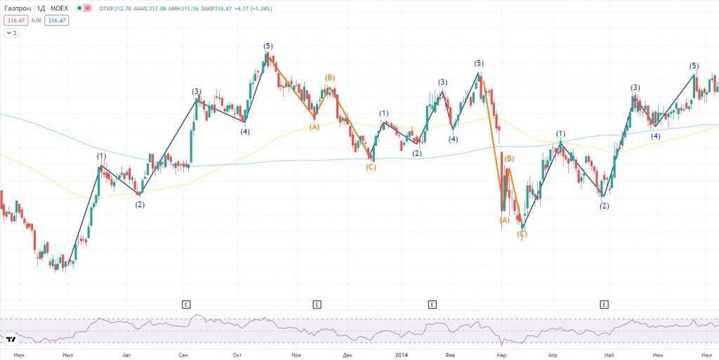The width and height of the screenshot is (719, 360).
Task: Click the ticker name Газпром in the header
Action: pos(18,8)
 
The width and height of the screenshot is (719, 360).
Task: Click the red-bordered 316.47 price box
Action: pos(14,21)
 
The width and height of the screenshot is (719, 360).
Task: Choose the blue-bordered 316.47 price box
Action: pos(56,21)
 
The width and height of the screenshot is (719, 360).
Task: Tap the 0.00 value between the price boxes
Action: pos(36,21)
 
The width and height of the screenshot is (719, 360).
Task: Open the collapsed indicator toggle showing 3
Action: pos(11,33)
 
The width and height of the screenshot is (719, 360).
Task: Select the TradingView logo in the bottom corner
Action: pos(11,340)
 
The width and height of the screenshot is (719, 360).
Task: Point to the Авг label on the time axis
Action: pos(127,355)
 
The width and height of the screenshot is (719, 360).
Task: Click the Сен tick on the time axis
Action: pos(183,355)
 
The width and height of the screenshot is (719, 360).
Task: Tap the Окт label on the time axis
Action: pos(237,355)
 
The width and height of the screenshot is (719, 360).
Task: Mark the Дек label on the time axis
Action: pos(348,355)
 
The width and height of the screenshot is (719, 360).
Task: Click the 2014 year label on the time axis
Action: pos(401,355)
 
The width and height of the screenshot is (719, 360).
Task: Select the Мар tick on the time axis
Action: pos(501,355)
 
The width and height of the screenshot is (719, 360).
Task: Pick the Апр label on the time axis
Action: pos(553,355)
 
